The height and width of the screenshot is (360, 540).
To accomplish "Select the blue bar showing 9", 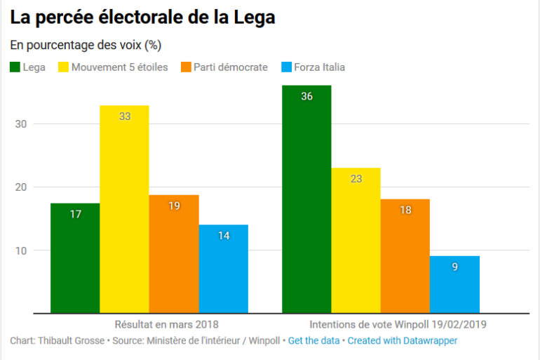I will point(454,284).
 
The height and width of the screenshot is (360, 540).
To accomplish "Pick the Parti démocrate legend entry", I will point(225,67).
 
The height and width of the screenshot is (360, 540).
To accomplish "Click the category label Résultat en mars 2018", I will point(166,324).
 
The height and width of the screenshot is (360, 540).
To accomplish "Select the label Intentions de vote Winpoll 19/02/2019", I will point(398,324).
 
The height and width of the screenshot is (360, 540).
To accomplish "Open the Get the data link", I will point(314,340).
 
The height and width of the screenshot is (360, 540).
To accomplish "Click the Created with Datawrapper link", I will point(403,340).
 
